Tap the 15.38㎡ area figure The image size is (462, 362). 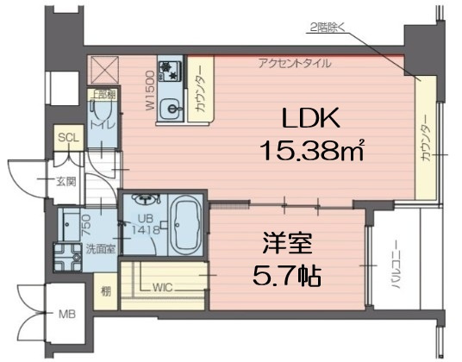311,152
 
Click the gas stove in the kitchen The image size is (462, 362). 168,72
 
